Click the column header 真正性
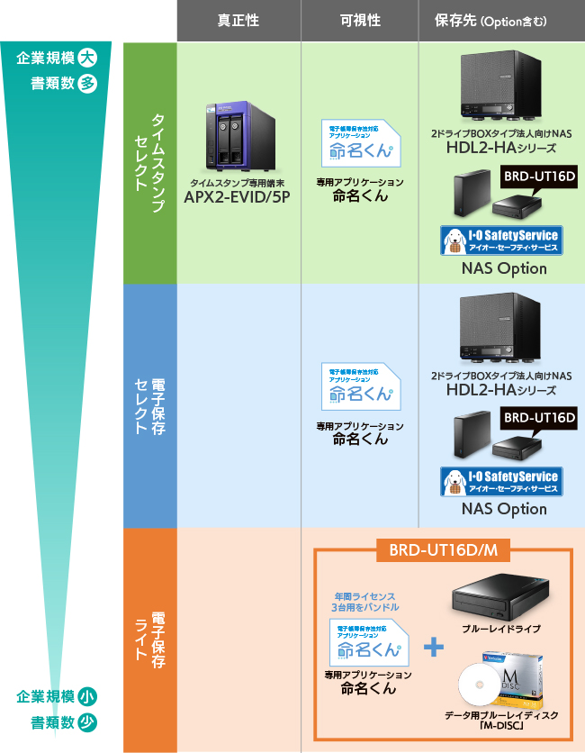[238, 21]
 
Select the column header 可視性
[359, 21]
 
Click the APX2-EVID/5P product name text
[238, 197]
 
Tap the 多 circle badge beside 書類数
[87, 84]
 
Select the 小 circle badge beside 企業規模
[87, 696]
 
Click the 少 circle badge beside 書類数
[87, 721]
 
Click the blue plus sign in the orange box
[434, 647]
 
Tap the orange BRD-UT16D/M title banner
[442, 550]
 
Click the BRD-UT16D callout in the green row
[537, 176]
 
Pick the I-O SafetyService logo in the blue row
[499, 481]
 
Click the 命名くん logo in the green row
[360, 141]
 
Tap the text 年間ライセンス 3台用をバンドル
[364, 601]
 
